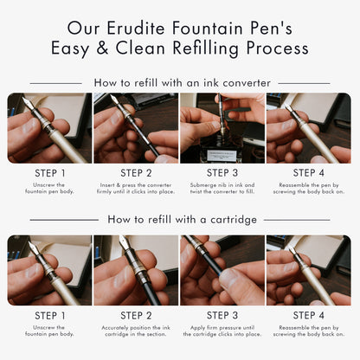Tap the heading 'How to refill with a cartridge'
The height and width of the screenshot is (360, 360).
182,219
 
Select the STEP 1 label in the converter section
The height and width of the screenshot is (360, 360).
51,173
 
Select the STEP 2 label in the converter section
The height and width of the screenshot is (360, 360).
137,173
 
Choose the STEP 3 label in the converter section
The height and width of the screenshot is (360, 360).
222,173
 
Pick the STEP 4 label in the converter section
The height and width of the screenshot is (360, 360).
308,173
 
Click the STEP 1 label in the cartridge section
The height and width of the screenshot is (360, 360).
51,316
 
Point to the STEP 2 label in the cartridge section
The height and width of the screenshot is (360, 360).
137,316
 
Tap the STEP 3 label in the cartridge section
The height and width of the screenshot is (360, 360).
222,316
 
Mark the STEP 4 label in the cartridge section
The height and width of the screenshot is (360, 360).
308,316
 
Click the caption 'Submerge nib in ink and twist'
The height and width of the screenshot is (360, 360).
222,189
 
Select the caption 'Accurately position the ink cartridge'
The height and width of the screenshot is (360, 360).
137,332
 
